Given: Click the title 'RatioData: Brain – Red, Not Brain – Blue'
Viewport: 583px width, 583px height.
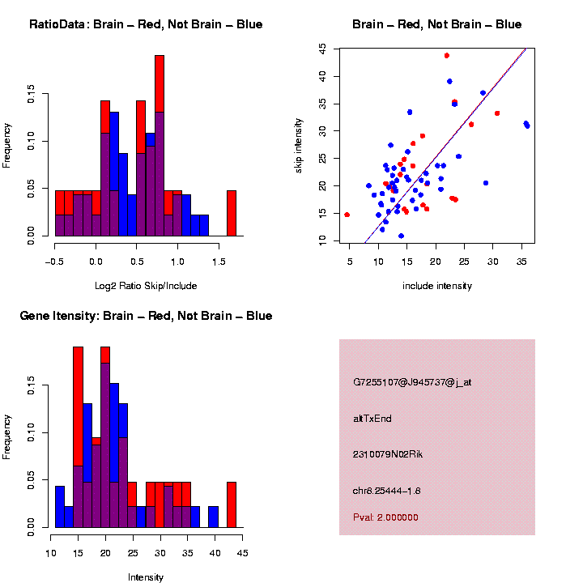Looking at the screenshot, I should pos(146,24).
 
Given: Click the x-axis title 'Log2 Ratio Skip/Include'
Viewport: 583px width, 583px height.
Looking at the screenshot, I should pos(146,286).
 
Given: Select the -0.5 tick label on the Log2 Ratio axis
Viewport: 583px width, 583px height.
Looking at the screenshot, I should pos(55,262).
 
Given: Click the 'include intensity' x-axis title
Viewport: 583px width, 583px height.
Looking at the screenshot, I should pos(437,286).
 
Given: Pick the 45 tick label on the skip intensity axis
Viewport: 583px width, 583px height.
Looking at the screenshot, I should pos(322,49).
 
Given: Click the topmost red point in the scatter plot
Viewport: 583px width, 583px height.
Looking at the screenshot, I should pos(447,56).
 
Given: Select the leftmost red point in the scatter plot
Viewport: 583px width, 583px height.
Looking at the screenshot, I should pos(347,215).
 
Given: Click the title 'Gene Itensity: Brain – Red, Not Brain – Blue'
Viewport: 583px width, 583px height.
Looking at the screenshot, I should pos(146,316).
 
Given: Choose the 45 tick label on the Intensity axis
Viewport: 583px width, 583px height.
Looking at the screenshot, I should pos(242,553).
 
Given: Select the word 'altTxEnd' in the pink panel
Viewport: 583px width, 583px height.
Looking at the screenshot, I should pos(372,419).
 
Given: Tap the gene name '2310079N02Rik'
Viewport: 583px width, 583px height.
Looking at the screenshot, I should pos(388,454).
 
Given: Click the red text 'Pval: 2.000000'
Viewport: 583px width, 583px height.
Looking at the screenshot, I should pos(386,517).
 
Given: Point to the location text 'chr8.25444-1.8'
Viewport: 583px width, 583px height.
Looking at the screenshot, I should pos(387,491).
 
